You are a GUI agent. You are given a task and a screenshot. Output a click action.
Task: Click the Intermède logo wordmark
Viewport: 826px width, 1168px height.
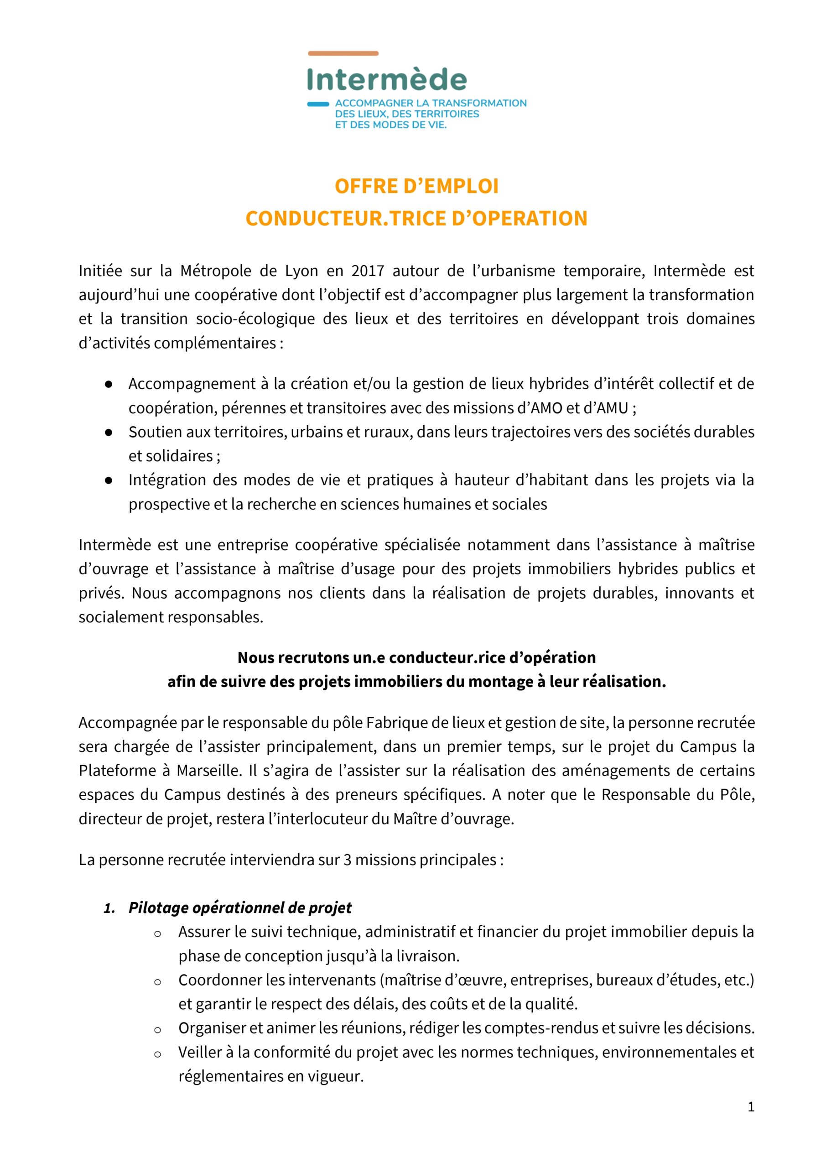(x=387, y=80)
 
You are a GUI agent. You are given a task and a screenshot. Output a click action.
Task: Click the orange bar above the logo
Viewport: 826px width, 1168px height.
(x=343, y=53)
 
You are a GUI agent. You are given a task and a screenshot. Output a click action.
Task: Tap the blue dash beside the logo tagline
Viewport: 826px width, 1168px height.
(x=318, y=104)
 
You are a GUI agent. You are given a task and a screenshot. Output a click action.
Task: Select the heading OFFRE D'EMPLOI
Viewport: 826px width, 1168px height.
(x=416, y=186)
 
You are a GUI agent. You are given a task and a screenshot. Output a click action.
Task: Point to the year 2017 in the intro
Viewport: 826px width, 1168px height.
(x=367, y=271)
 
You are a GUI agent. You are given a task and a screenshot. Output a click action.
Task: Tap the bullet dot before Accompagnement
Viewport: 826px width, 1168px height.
(x=109, y=384)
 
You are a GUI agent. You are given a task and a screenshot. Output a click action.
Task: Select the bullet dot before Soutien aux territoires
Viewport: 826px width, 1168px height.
(x=109, y=432)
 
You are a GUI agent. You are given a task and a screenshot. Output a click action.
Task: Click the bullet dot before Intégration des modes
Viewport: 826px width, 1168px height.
(x=109, y=480)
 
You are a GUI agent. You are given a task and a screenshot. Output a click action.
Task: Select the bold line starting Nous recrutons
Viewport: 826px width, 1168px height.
(x=416, y=657)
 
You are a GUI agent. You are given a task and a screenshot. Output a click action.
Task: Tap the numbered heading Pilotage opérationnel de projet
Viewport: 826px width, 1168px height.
(x=239, y=907)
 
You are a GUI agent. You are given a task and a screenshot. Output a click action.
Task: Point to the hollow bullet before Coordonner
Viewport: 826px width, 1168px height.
(x=158, y=982)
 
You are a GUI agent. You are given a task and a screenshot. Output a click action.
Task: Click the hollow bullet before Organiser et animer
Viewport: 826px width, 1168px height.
(x=158, y=1030)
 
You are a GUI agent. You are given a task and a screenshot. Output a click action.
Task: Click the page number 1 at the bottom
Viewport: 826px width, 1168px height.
(x=751, y=1106)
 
